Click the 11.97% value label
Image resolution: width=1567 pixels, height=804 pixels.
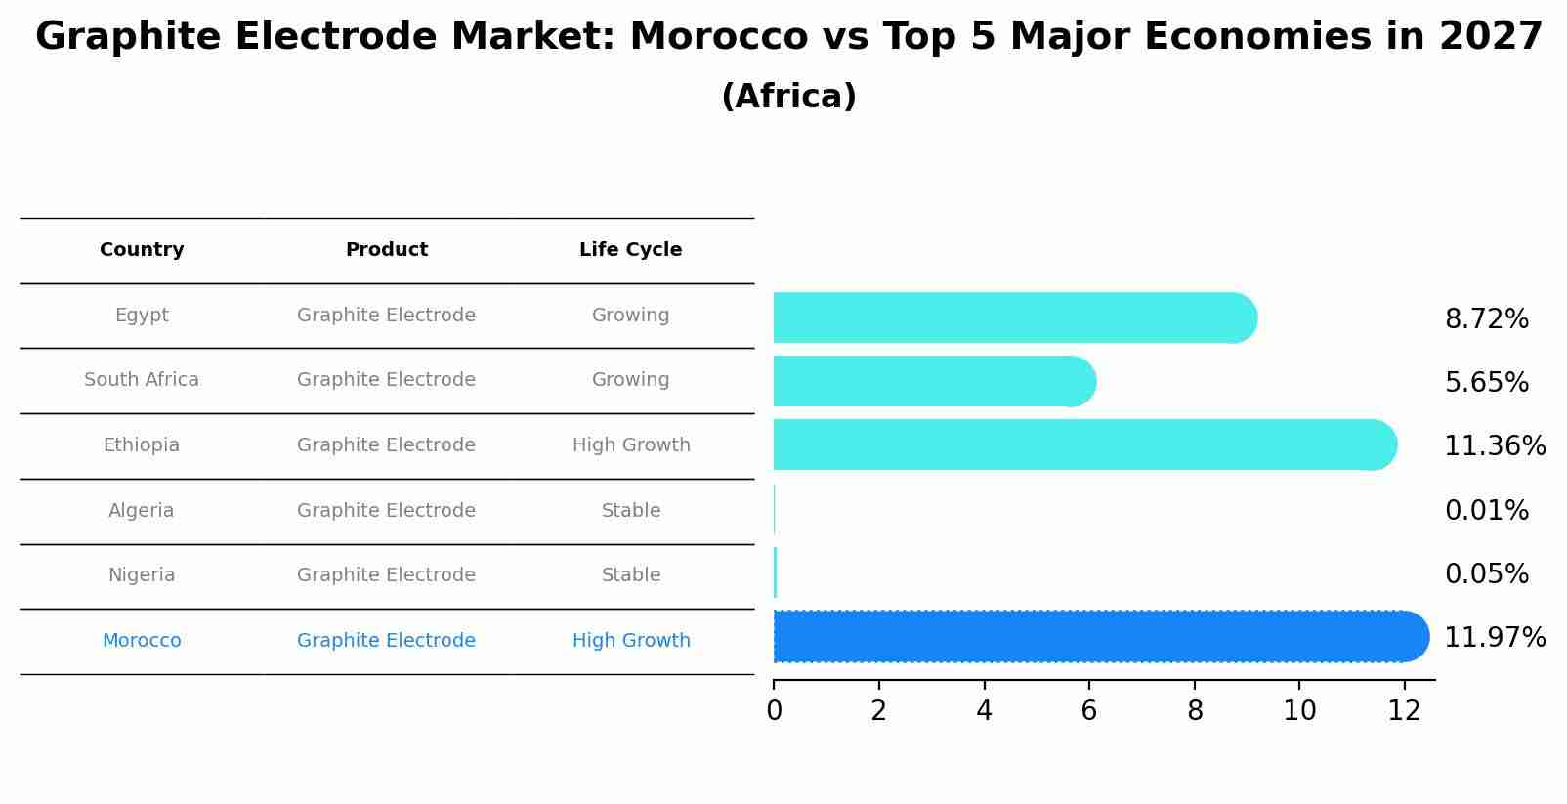(x=1494, y=638)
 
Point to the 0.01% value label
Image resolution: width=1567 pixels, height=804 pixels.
(x=1486, y=510)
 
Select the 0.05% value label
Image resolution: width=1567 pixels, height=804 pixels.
(x=1486, y=574)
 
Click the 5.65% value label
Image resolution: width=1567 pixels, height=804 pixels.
(x=1486, y=382)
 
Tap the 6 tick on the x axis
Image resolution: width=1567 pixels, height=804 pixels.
(x=1088, y=711)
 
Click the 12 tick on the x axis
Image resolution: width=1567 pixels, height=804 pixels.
(x=1403, y=711)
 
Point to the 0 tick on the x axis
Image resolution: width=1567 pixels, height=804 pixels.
(x=774, y=711)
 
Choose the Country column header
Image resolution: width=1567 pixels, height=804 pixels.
(x=142, y=250)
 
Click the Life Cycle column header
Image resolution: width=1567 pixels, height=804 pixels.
(x=630, y=250)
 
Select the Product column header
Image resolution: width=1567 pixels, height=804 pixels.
(x=386, y=250)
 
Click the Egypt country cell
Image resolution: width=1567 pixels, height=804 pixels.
(x=142, y=316)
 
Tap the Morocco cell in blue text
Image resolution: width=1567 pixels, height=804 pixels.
(x=142, y=641)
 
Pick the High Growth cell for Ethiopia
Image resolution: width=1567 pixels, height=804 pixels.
(x=631, y=445)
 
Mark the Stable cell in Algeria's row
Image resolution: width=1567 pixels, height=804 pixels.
(x=631, y=511)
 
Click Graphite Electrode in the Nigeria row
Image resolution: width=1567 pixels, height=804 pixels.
(x=386, y=575)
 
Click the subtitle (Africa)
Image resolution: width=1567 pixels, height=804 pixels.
(x=788, y=97)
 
